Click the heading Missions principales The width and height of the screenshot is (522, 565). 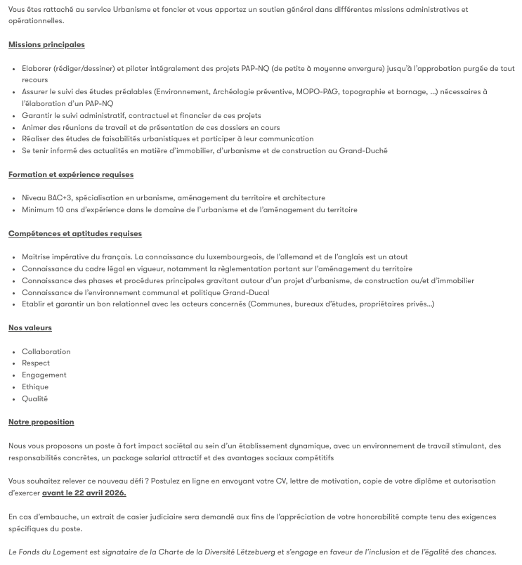click(x=46, y=44)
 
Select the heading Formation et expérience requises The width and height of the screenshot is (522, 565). click(x=71, y=174)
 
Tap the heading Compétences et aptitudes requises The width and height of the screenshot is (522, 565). click(x=75, y=233)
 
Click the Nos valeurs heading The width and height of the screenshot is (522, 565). click(x=30, y=327)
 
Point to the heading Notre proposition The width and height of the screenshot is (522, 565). click(x=41, y=422)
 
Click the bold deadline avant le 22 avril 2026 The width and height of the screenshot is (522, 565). click(x=84, y=493)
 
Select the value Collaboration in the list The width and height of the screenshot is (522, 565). click(x=46, y=351)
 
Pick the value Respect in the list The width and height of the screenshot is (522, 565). click(x=36, y=363)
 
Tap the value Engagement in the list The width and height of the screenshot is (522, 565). click(x=44, y=375)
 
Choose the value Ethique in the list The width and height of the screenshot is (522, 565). click(x=35, y=387)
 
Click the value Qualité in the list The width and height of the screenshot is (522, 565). click(x=35, y=398)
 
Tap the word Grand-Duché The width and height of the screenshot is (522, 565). click(x=363, y=150)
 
